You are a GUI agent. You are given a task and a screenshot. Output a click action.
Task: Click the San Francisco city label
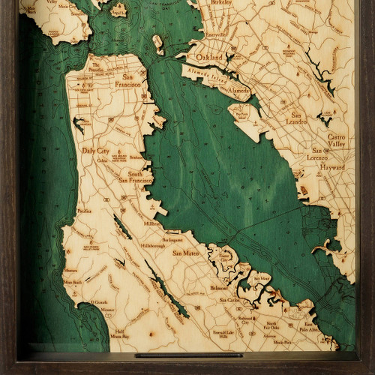tap(136, 82)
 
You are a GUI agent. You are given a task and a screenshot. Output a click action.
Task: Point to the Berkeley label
tap(222, 4)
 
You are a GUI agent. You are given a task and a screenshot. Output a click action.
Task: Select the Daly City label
tap(95, 150)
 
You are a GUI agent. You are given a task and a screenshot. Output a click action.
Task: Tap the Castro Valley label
tap(340, 142)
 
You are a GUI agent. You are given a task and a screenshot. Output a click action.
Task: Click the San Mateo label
tap(186, 253)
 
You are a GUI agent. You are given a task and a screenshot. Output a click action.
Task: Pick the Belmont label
tap(219, 287)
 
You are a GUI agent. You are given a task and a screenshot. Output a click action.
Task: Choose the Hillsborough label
tap(160, 244)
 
